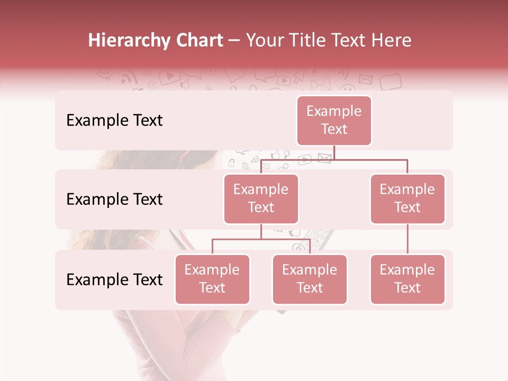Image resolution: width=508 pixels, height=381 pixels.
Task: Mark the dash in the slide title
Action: [x=234, y=41]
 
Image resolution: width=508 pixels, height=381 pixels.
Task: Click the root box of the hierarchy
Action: [x=334, y=121]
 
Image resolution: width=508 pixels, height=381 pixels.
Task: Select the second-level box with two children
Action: [x=261, y=199]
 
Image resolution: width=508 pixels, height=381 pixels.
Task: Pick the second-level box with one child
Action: [x=407, y=199]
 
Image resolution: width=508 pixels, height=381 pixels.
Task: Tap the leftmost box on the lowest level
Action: [x=212, y=279]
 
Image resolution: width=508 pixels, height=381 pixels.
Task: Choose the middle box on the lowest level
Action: [x=310, y=279]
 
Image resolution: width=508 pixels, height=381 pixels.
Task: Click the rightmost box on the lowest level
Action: [x=407, y=279]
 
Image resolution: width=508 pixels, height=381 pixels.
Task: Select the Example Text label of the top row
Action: [x=114, y=121]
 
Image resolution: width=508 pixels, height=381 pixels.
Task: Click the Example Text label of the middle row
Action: [x=114, y=199]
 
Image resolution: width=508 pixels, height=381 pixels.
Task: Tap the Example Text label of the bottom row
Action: [x=114, y=280]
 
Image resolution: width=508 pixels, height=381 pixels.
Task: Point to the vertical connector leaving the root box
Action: [x=334, y=152]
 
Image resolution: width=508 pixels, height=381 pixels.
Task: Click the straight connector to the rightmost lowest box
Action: [x=407, y=239]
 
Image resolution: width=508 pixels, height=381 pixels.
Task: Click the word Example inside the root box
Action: [x=334, y=111]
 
